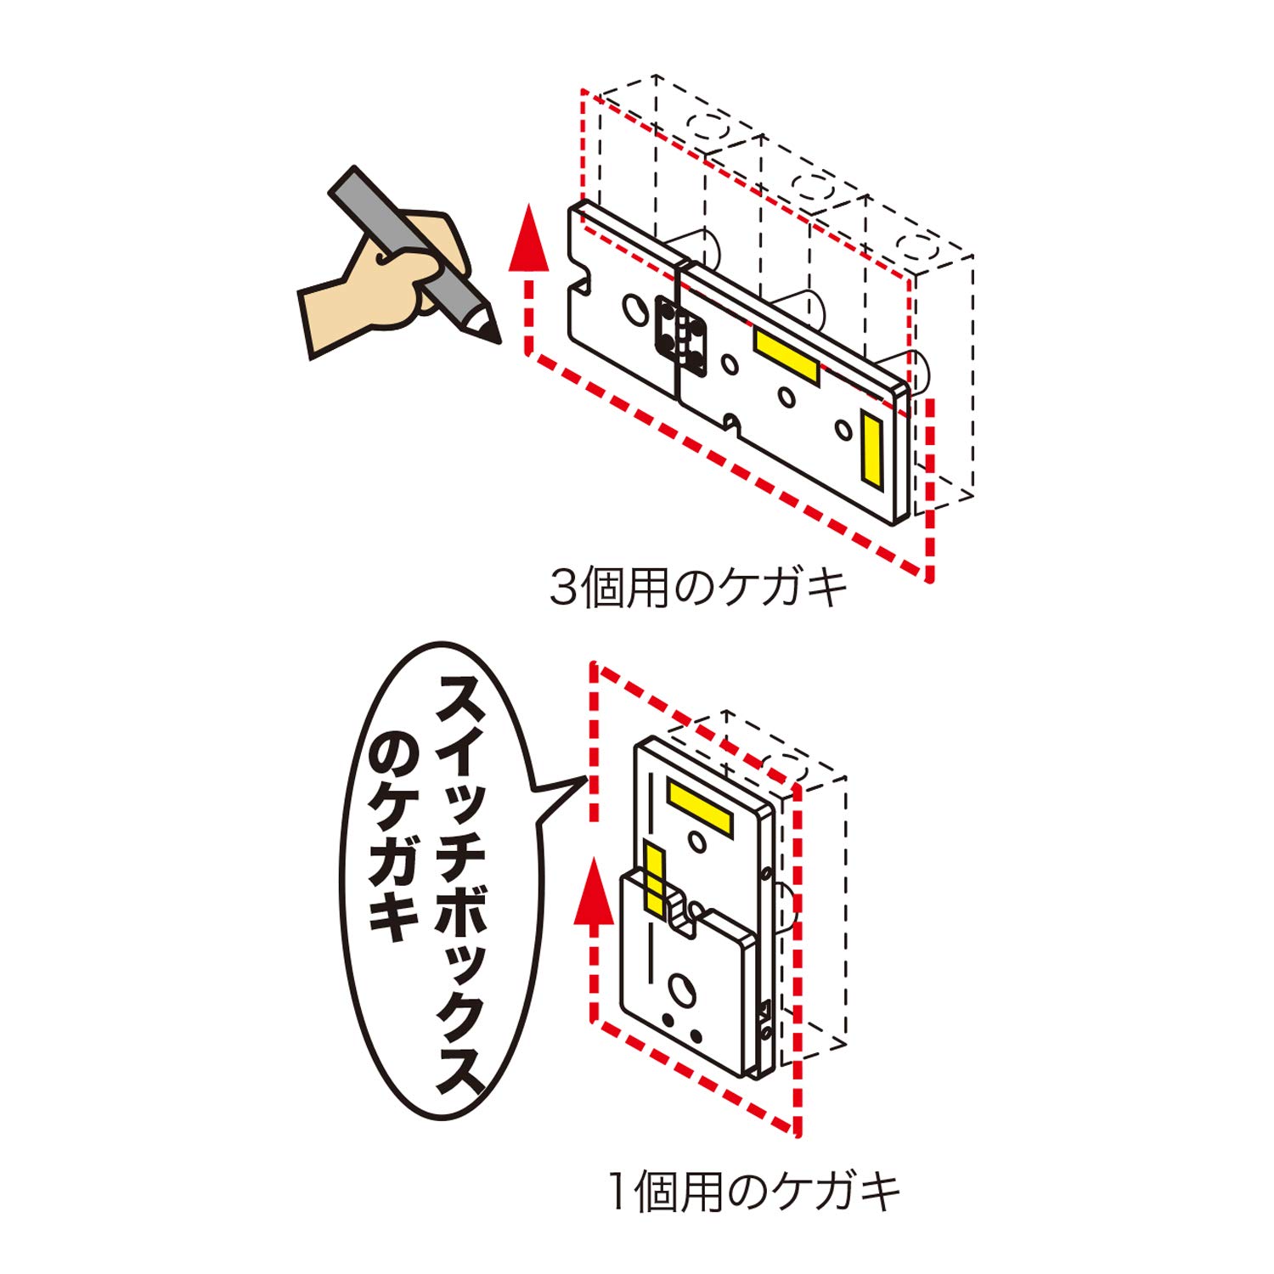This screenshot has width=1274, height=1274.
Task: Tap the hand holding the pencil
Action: (x=382, y=280)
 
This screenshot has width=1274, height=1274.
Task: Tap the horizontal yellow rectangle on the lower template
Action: (x=699, y=808)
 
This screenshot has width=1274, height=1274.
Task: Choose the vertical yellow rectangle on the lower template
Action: (x=654, y=879)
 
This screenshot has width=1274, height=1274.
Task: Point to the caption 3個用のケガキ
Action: (x=698, y=588)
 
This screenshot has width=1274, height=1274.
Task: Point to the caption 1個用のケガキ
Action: (x=754, y=1192)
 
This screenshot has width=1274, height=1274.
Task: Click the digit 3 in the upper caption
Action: (x=563, y=588)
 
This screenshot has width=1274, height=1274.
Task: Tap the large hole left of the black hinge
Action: (x=635, y=309)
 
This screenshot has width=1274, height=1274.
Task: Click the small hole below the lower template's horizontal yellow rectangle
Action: (x=697, y=842)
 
